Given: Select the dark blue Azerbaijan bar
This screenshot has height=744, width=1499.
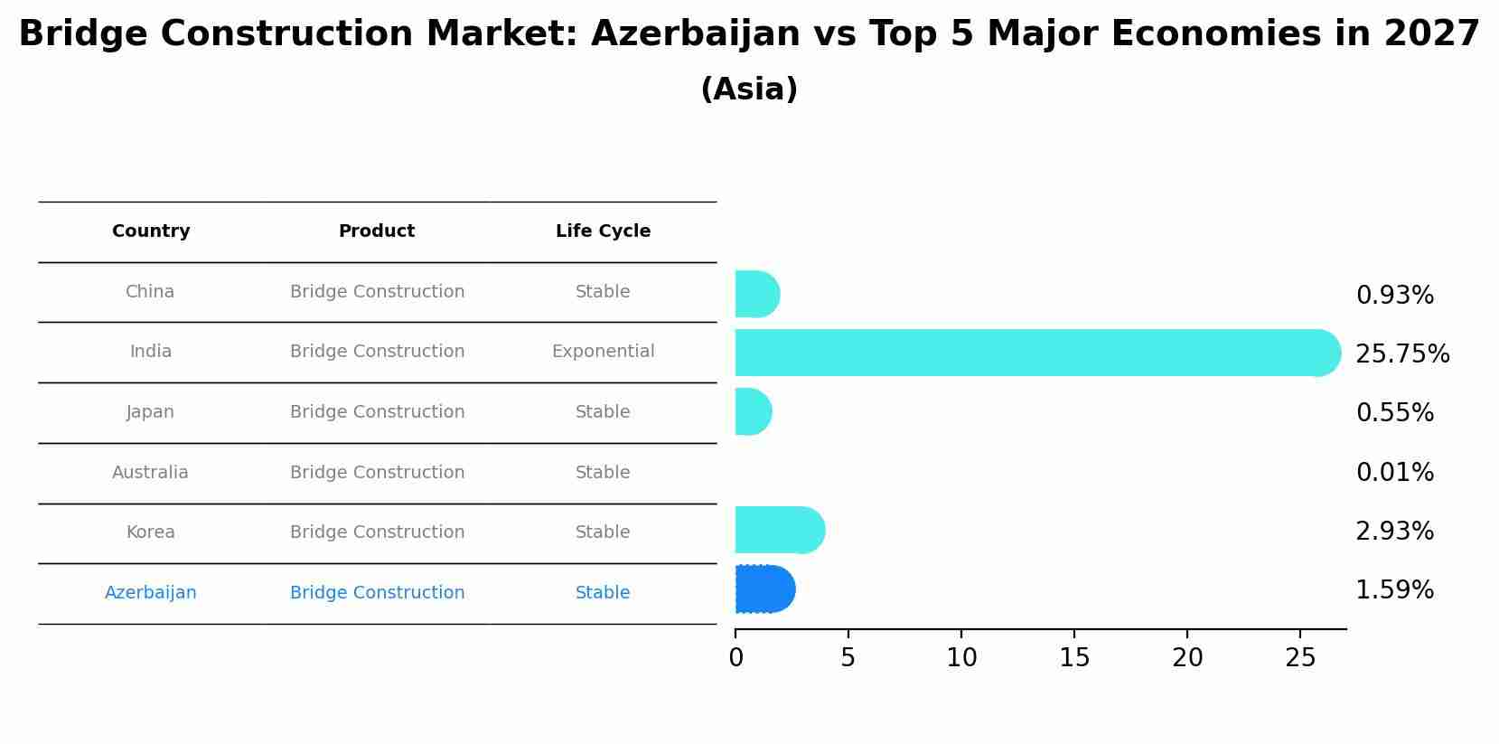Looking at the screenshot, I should click(764, 589).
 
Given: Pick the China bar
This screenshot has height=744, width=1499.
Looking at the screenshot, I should click(757, 294).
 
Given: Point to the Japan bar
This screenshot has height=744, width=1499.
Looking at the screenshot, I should click(753, 411).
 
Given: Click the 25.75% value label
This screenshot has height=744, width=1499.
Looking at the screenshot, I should click(1402, 353).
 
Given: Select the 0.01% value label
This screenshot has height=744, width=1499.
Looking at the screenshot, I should click(1394, 472).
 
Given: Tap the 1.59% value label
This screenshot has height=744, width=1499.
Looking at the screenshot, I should click(1394, 590).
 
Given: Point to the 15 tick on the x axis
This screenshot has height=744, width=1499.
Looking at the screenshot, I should click(1074, 658).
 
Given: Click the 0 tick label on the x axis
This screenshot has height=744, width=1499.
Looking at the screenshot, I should click(735, 658).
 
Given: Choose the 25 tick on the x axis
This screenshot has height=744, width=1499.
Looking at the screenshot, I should click(1300, 658).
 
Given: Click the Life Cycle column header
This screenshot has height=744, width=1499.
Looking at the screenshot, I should click(603, 231).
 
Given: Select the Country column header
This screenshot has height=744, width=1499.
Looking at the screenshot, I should click(151, 231).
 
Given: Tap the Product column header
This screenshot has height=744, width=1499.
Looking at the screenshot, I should click(377, 231).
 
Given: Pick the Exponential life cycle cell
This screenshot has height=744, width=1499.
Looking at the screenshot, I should click(603, 352).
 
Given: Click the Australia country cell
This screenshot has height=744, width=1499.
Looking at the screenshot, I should click(150, 472).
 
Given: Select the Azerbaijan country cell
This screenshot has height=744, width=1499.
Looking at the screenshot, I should click(150, 593).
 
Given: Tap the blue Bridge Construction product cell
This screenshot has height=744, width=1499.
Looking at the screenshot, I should click(377, 593).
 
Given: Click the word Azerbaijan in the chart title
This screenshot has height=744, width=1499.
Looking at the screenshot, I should click(695, 34).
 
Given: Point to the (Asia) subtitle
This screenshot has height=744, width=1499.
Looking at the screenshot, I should click(749, 89).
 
